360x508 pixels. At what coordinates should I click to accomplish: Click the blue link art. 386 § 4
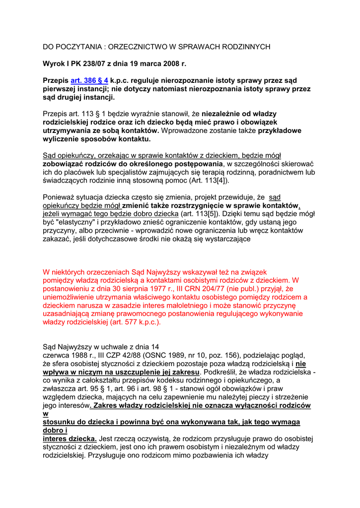tap(89, 80)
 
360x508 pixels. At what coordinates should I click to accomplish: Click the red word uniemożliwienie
tap(68, 297)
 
